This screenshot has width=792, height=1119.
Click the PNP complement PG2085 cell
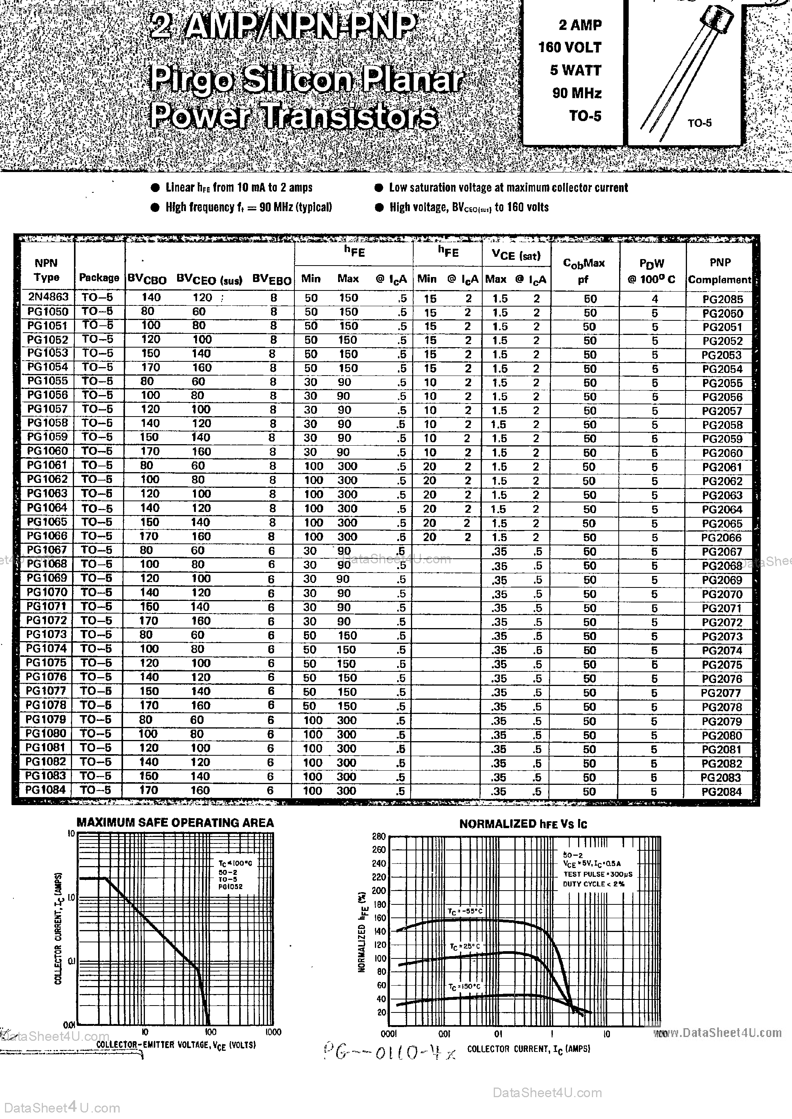(722, 299)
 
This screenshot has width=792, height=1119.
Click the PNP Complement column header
(719, 271)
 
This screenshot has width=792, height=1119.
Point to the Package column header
(99, 277)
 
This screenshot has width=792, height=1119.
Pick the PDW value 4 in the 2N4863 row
(654, 299)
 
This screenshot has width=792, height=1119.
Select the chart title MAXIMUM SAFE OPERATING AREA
(175, 823)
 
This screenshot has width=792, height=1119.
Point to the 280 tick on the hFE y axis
(379, 836)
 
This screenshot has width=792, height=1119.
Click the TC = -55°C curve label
(465, 911)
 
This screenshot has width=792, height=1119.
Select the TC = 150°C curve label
(464, 987)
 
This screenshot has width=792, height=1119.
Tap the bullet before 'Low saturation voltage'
(379, 188)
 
